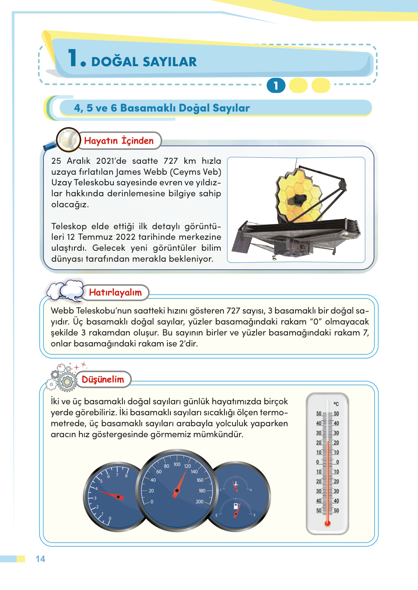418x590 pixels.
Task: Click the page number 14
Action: pyautogui.click(x=40, y=559)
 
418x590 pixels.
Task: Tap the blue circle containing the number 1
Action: pyautogui.click(x=276, y=85)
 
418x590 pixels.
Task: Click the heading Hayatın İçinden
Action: pyautogui.click(x=119, y=141)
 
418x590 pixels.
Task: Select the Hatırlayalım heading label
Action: pyautogui.click(x=115, y=292)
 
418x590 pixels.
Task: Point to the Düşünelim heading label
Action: pyautogui.click(x=103, y=379)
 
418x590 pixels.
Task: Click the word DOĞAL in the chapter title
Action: pyautogui.click(x=115, y=62)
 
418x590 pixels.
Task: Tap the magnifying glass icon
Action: pyautogui.click(x=67, y=140)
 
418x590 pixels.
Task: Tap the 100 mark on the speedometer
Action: pyautogui.click(x=177, y=464)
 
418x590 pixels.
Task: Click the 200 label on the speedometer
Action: pyautogui.click(x=200, y=502)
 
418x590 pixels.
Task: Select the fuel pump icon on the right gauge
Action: pyautogui.click(x=236, y=506)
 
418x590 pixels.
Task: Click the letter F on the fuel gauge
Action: pyautogui.click(x=254, y=515)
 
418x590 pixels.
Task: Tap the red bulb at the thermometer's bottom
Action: pyautogui.click(x=327, y=523)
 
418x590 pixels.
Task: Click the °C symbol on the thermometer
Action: pyautogui.click(x=336, y=404)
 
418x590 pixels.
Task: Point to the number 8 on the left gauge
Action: pyautogui.click(x=126, y=476)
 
